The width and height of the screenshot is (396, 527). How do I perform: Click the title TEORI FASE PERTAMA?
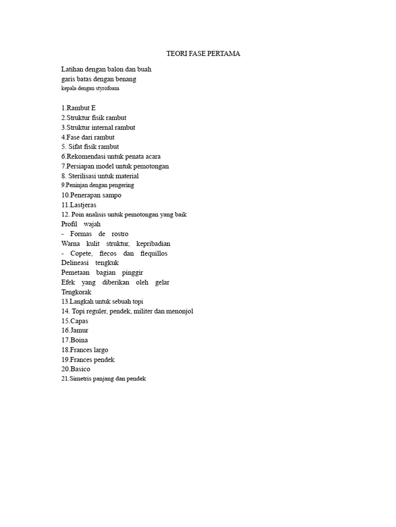point(204,54)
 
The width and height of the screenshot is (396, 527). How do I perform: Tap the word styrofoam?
point(107,89)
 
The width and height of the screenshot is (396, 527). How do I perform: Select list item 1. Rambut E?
point(78,108)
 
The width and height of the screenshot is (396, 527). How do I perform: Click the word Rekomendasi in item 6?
point(86,156)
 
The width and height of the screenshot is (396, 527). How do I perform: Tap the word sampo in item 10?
point(112,196)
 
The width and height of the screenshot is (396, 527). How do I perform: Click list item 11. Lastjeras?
point(78,205)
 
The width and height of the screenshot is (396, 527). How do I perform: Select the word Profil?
point(69,224)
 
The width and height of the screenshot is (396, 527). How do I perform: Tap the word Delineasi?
point(75,263)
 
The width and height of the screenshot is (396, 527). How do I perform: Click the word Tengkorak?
point(76,292)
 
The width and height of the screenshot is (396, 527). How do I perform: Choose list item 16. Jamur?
point(75,331)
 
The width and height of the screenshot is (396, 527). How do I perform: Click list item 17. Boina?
point(74,340)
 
